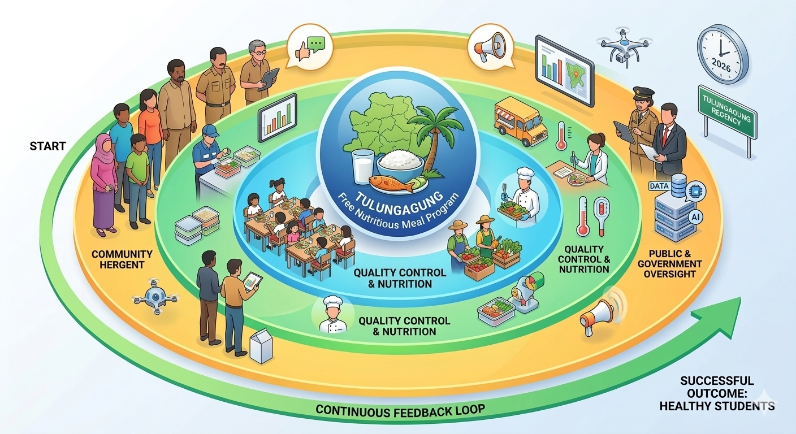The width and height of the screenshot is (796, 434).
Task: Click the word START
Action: [47, 146]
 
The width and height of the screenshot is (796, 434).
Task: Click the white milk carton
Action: [261, 346]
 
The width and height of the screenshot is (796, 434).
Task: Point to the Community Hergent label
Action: [122, 260]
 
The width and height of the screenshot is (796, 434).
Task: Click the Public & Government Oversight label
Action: [675, 264]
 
